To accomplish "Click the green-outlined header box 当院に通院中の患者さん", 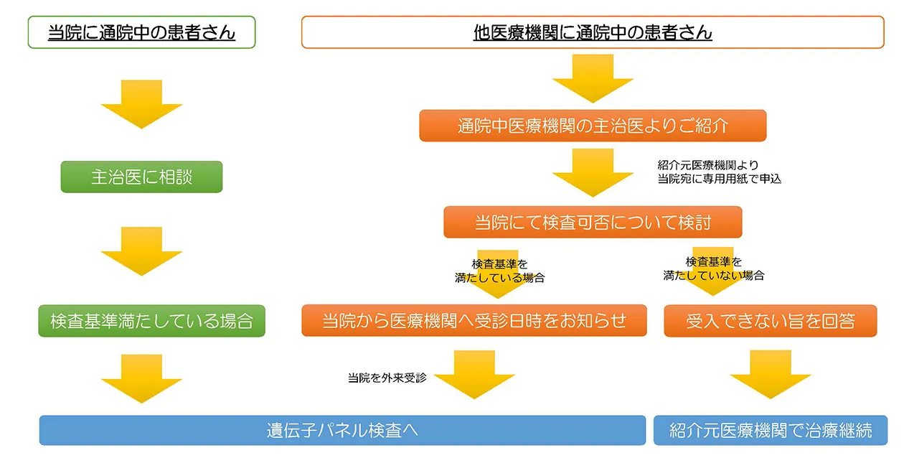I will point(141,32).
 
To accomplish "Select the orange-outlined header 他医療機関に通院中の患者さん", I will point(593,32).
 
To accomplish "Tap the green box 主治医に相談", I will point(141,177).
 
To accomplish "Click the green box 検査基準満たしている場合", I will point(151,321).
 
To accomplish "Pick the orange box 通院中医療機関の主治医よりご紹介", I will point(593,126).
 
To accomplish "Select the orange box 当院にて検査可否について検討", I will point(593,223).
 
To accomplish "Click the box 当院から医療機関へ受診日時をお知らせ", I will point(474,321).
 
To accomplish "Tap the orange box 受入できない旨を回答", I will point(770,321).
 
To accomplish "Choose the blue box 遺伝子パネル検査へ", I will point(342,430).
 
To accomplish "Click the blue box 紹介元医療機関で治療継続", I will point(770,430).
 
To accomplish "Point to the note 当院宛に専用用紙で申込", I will point(719,179).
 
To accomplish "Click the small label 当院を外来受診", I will point(387,378).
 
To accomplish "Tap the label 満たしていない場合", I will point(713,275).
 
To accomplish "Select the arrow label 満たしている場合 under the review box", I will point(499,278).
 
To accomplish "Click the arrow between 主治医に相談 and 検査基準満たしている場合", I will point(141,251).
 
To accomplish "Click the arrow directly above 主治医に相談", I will point(141,104).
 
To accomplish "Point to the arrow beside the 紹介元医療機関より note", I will point(593,172).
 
